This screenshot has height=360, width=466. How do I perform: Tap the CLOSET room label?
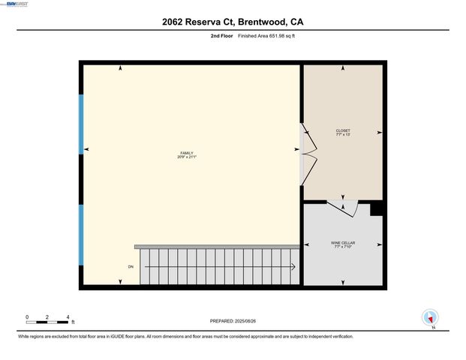[x=343, y=130]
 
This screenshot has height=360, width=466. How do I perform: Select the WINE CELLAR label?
[x=343, y=242]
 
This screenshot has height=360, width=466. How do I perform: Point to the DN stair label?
[x=131, y=266]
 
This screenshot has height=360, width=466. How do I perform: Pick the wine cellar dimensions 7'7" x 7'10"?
[x=343, y=247]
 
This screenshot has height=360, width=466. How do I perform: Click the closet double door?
[x=308, y=154]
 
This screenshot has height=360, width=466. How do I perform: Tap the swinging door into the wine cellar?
[x=341, y=208]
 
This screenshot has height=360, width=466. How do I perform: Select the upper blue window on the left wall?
[x=80, y=124]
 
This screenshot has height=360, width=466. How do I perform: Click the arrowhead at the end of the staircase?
[x=293, y=266]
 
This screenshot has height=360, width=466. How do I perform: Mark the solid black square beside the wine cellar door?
[x=377, y=208]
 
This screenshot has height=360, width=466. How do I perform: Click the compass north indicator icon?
[x=430, y=318]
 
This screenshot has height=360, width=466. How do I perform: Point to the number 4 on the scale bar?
[x=68, y=316]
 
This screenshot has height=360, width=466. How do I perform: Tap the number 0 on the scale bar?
[x=27, y=316]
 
